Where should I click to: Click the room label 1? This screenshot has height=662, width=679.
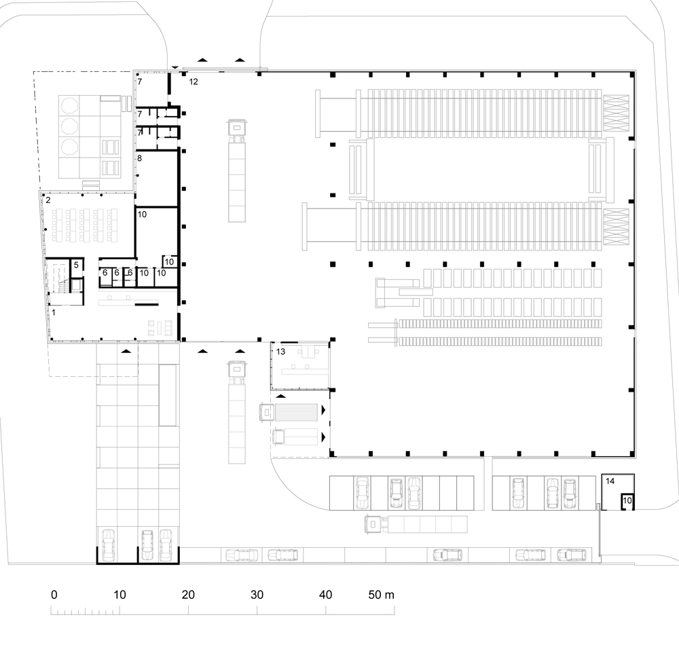click(x=54, y=312)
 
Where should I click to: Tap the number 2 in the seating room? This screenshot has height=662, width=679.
click(x=48, y=200)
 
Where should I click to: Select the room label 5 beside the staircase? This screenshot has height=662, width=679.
click(x=76, y=265)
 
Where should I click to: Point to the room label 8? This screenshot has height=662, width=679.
click(x=139, y=158)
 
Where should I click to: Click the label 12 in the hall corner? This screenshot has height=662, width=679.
click(x=193, y=81)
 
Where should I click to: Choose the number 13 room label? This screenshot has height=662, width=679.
click(x=280, y=352)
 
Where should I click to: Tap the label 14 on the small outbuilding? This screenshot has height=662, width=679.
click(x=610, y=481)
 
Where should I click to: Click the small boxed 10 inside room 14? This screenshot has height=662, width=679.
click(x=627, y=500)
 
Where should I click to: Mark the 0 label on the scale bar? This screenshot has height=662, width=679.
click(x=54, y=595)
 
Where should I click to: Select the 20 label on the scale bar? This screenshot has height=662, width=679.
click(x=188, y=595)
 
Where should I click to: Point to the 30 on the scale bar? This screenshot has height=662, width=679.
click(x=257, y=595)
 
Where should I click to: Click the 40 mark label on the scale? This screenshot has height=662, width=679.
click(x=326, y=595)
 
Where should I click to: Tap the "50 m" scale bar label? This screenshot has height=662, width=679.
click(x=382, y=595)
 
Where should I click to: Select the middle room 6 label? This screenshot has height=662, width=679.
click(x=117, y=273)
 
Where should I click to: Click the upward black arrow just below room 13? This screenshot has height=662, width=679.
click(x=281, y=396)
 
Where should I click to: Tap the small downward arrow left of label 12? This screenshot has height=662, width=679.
click(x=174, y=67)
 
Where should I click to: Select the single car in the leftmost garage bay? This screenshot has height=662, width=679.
click(x=108, y=545)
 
